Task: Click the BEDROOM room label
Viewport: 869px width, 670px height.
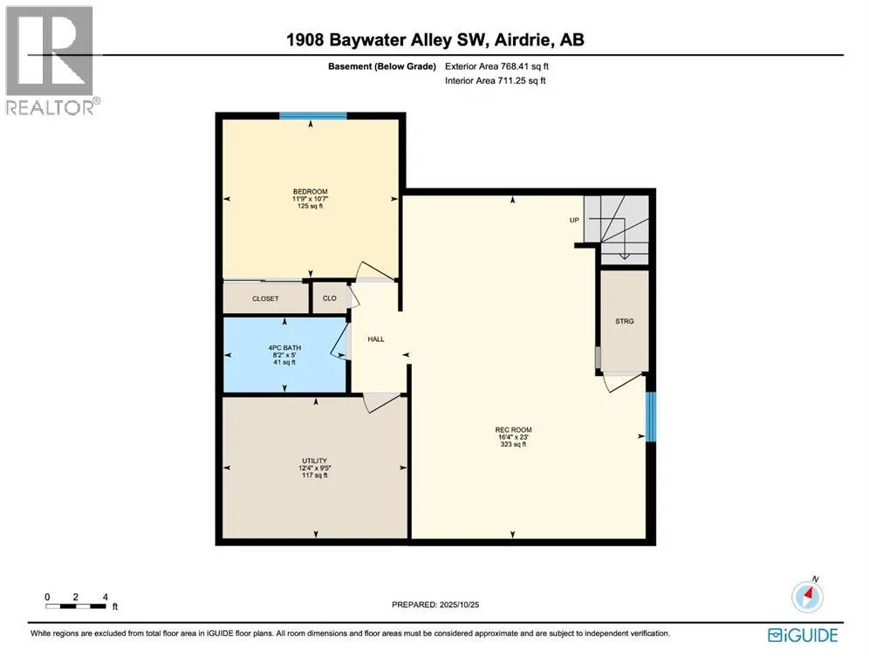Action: [310, 192]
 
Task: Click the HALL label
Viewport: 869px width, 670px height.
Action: [376, 339]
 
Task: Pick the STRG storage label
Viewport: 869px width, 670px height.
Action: [624, 322]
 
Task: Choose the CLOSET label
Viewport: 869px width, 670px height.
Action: [265, 298]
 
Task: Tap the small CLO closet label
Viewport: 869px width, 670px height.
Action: [330, 298]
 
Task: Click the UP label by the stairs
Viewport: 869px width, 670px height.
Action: [575, 220]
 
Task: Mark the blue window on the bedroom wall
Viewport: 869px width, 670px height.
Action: [312, 115]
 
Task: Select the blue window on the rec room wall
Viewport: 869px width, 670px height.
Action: [649, 416]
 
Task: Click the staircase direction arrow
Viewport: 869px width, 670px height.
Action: [625, 254]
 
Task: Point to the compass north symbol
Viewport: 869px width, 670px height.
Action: [808, 596]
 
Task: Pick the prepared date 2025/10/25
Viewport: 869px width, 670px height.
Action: [434, 605]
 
